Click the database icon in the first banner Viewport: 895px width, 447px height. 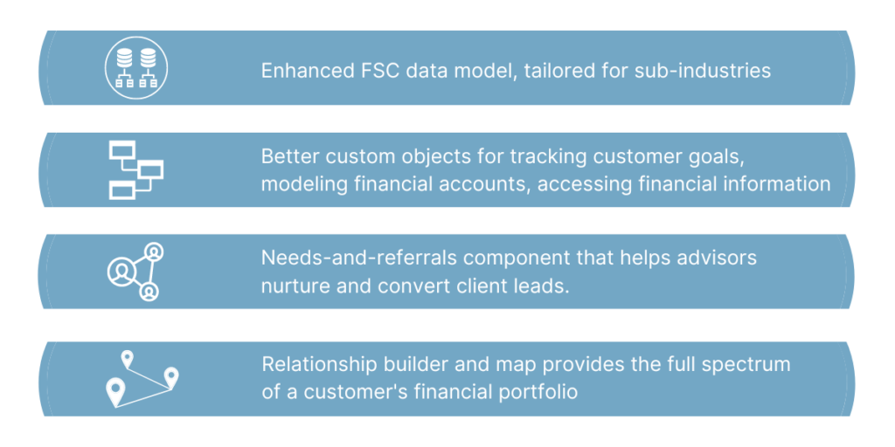pyautogui.click(x=135, y=67)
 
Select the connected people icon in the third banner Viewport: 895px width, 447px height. pyautogui.click(x=135, y=272)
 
